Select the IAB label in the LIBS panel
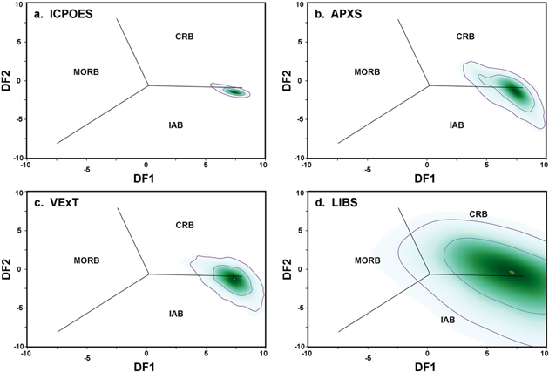(447, 320)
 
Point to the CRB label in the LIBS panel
(478, 214)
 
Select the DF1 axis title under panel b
(425, 178)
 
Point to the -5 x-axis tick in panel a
(85, 166)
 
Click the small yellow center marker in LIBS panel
(512, 272)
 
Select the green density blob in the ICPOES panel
(233, 91)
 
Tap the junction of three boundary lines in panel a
(147, 85)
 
